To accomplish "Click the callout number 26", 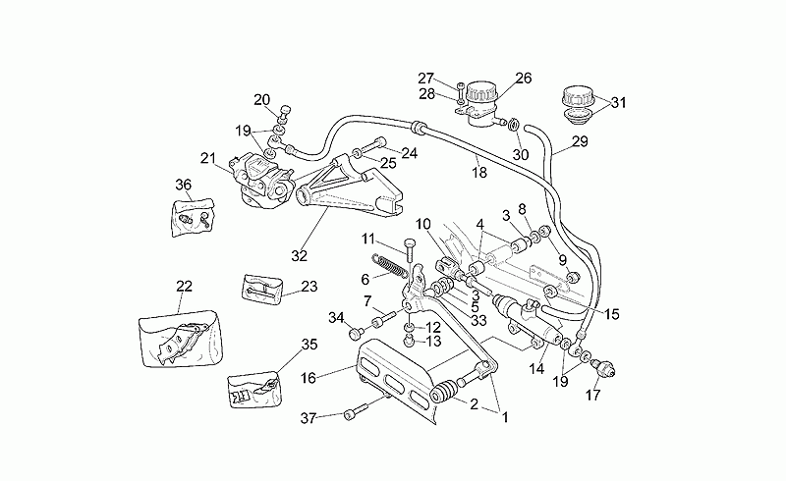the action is point(523,79).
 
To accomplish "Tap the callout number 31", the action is point(619,103).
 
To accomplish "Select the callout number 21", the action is point(208,158).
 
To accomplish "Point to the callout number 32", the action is point(299,256).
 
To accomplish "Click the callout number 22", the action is point(184,286).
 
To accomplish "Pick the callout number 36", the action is point(184,185).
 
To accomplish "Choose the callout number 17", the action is point(592,396).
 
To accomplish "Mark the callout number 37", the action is point(308,417).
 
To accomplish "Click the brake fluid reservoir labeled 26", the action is point(480,104).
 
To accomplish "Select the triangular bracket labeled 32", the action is point(350,187).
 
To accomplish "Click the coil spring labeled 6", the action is point(390,266).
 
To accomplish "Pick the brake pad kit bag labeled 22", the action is point(181,339).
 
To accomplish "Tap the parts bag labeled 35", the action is point(254,390).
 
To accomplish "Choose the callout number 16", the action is point(309,378).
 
